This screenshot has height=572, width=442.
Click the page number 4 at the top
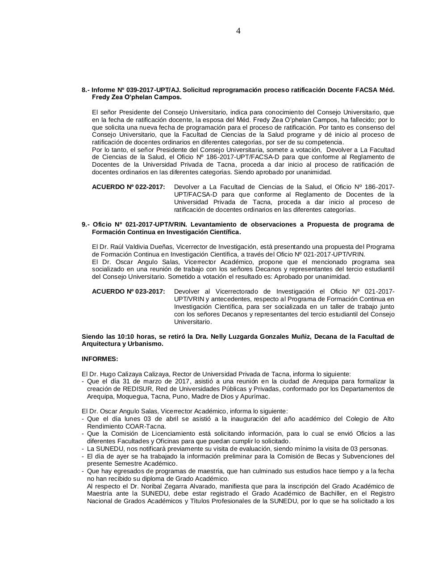(238, 31)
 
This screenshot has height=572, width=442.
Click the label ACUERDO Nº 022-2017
(129, 187)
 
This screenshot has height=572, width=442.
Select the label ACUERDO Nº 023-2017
(129, 291)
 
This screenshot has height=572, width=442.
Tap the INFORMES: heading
(100, 359)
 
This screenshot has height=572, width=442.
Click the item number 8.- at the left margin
(86, 90)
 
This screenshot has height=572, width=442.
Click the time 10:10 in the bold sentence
(126, 336)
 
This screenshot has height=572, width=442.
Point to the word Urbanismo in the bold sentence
(148, 344)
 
